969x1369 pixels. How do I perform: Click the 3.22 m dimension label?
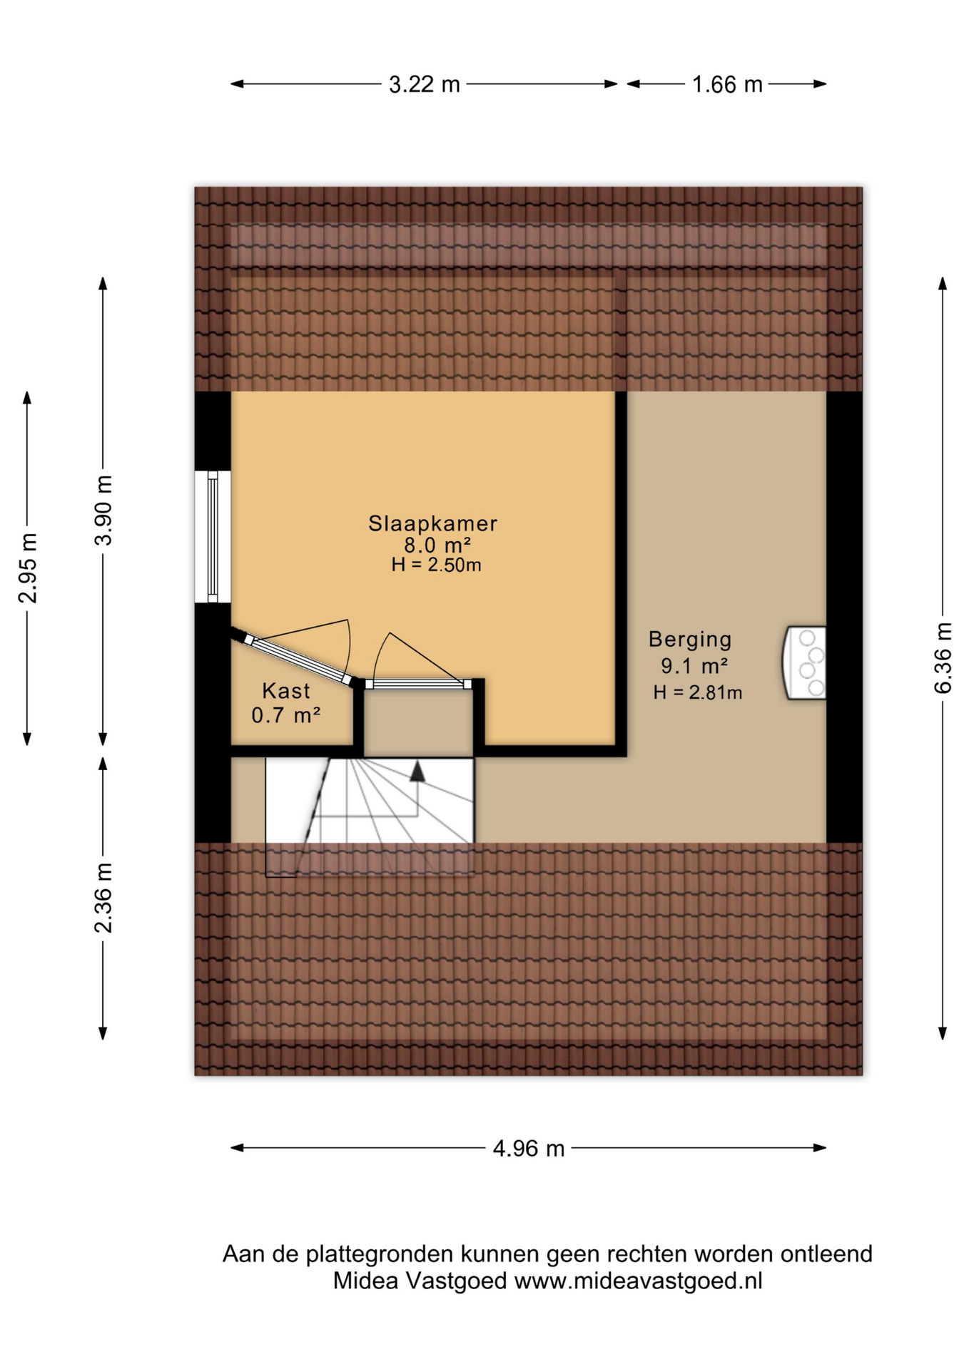(x=424, y=85)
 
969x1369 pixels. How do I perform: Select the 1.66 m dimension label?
(x=726, y=85)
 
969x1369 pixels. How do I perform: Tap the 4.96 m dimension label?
(x=528, y=1149)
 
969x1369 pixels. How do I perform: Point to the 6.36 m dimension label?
(x=942, y=657)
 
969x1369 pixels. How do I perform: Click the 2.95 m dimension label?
(x=27, y=568)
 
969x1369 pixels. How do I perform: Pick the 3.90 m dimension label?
(x=103, y=511)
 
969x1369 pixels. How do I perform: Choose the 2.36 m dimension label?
(x=103, y=898)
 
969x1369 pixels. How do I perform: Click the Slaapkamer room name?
(x=432, y=523)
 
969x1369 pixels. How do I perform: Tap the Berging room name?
(x=690, y=640)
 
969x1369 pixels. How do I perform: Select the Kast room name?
(x=286, y=690)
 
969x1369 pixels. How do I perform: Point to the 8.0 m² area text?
(x=437, y=545)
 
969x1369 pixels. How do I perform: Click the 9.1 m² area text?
(x=694, y=666)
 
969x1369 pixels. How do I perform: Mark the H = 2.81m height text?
(x=697, y=692)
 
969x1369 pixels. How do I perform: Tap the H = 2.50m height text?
(x=436, y=565)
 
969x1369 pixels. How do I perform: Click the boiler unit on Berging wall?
(x=805, y=663)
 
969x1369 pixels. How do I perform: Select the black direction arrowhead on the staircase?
(x=417, y=771)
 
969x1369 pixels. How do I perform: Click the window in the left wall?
(x=213, y=537)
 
